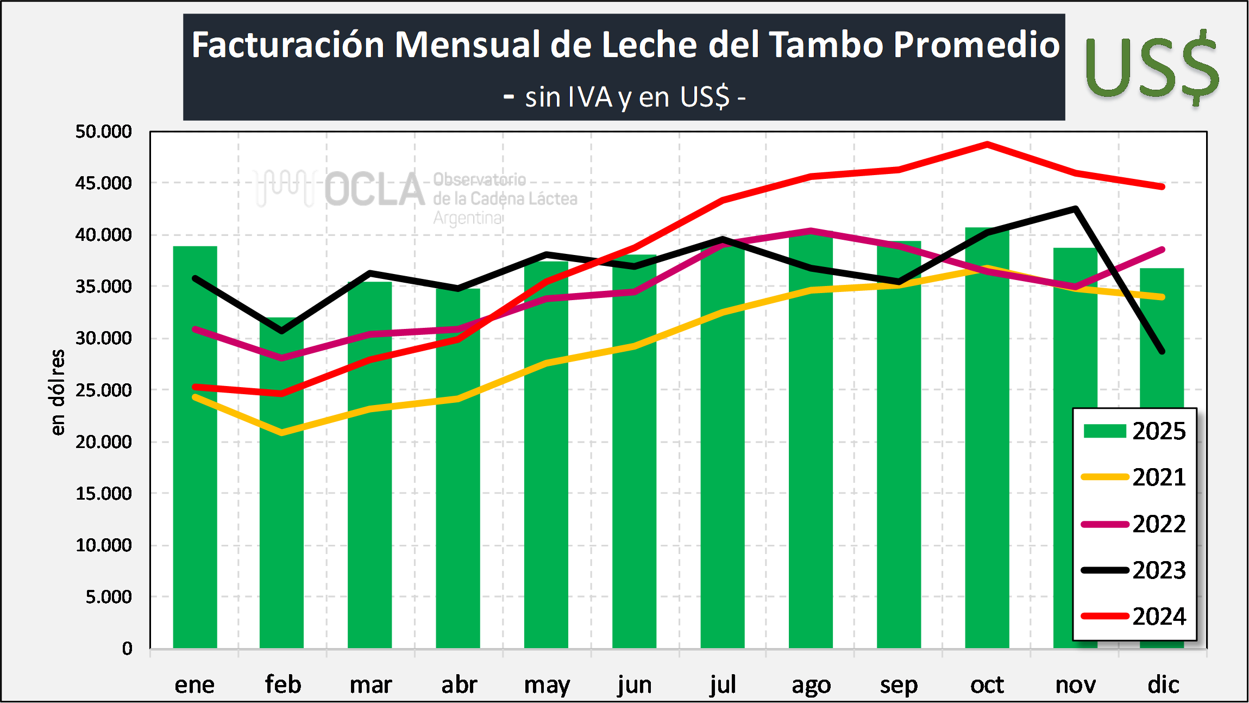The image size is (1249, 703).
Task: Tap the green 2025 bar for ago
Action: (x=811, y=462)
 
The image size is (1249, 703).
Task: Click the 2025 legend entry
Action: (x=1134, y=431)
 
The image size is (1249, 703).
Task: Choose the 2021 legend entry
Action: (x=1134, y=477)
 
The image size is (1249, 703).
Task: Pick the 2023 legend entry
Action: (x=1134, y=570)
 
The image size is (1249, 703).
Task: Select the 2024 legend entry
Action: (x=1134, y=617)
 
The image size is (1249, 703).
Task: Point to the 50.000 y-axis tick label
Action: (x=103, y=132)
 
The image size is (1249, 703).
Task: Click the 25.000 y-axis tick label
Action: (x=103, y=390)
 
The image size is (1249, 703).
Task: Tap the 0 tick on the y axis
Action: (x=127, y=649)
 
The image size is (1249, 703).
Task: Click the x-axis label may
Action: (x=547, y=685)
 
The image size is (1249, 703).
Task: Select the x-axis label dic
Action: (x=1163, y=685)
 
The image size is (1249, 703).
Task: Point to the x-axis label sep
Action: (x=899, y=685)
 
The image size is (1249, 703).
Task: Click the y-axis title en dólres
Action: (x=58, y=392)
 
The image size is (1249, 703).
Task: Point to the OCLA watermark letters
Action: (x=375, y=190)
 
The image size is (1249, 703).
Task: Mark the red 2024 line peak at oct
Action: (x=987, y=145)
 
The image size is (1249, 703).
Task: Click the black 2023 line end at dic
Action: (x=1162, y=351)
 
